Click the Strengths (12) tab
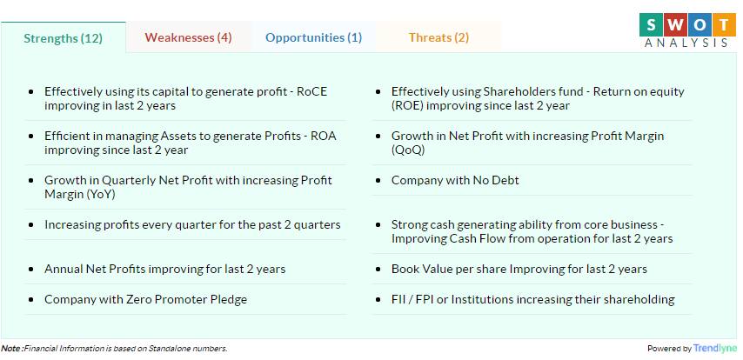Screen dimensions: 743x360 pyautogui.click(x=63, y=38)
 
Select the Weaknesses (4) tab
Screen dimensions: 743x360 pyautogui.click(x=189, y=37)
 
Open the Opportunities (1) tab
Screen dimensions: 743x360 pyautogui.click(x=314, y=37)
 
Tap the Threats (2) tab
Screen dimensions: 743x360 pyautogui.click(x=438, y=37)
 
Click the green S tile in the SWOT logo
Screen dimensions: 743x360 pyautogui.click(x=651, y=24)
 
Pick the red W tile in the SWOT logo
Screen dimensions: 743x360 pyautogui.click(x=675, y=24)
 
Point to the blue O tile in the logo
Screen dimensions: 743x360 pyautogui.click(x=699, y=24)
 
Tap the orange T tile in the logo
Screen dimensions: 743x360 pyautogui.click(x=725, y=24)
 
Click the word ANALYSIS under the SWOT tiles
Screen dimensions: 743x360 pyautogui.click(x=686, y=43)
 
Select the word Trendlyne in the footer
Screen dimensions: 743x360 pyautogui.click(x=715, y=348)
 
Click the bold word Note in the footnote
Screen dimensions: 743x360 pyautogui.click(x=10, y=348)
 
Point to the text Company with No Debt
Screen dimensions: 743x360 pyautogui.click(x=455, y=181)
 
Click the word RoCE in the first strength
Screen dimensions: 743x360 pyautogui.click(x=311, y=91)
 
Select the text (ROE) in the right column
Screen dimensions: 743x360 pyautogui.click(x=407, y=105)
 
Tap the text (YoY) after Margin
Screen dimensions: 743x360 pyautogui.click(x=100, y=194)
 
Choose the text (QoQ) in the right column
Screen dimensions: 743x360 pyautogui.click(x=407, y=150)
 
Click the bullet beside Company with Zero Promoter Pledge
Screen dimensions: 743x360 pyautogui.click(x=31, y=300)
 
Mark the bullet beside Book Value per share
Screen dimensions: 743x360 pyautogui.click(x=378, y=270)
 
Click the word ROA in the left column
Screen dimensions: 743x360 pyautogui.click(x=323, y=136)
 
